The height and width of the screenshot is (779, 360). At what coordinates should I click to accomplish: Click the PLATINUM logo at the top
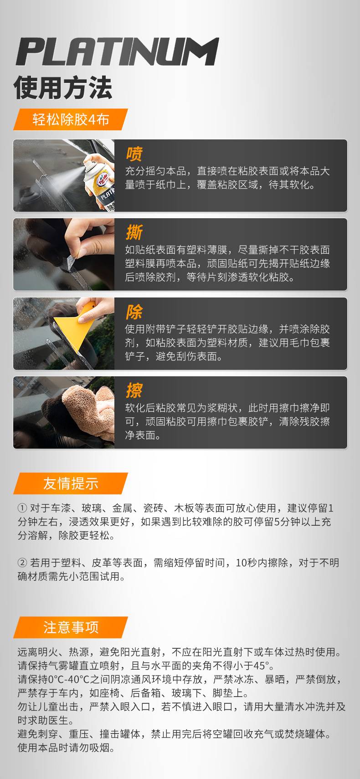118,52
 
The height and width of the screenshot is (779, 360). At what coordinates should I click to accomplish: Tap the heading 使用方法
63,87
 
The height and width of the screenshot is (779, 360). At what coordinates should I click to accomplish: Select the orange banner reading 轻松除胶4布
71,119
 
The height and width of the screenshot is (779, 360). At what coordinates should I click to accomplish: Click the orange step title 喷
134,154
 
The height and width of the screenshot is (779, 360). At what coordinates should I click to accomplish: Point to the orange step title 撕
134,232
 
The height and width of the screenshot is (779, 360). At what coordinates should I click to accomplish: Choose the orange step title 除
134,312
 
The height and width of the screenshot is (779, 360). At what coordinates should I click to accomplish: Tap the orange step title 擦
134,390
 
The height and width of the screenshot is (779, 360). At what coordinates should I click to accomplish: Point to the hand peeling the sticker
89,239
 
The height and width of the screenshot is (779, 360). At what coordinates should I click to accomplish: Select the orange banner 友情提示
71,483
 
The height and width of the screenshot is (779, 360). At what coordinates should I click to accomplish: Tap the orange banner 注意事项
71,627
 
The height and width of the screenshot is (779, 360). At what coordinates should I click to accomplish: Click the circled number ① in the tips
22,508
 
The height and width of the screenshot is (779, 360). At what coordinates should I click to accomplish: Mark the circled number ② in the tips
22,563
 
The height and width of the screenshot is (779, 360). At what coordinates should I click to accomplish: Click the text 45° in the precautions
261,666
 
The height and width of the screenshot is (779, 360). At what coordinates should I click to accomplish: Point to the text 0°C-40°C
69,679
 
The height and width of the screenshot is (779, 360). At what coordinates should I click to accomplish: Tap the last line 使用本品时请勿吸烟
66,748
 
